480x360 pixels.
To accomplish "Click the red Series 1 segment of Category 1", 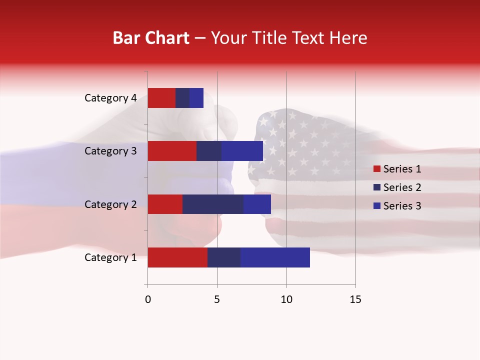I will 177,257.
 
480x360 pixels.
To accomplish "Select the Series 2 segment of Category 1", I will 224,257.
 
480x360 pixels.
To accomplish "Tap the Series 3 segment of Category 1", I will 275,257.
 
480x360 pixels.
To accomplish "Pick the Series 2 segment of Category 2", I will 213,204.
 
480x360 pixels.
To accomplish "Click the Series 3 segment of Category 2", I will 257,204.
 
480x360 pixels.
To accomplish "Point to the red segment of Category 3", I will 172,151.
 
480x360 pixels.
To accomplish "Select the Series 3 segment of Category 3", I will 242,151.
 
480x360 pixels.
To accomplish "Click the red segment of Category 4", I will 161,98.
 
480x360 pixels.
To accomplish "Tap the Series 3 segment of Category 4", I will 196,98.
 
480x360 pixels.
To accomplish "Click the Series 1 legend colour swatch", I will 376,169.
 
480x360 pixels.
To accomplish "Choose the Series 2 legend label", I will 402,187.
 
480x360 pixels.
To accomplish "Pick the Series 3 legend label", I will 402,206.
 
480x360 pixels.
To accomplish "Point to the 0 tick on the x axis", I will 148,299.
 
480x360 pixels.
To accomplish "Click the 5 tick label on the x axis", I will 217,299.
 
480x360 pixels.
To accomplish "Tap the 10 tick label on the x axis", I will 286,299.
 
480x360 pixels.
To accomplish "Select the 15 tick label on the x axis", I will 355,299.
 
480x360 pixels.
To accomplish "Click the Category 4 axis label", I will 110,98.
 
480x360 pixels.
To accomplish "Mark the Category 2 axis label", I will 110,204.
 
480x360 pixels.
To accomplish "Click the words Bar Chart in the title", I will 151,38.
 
